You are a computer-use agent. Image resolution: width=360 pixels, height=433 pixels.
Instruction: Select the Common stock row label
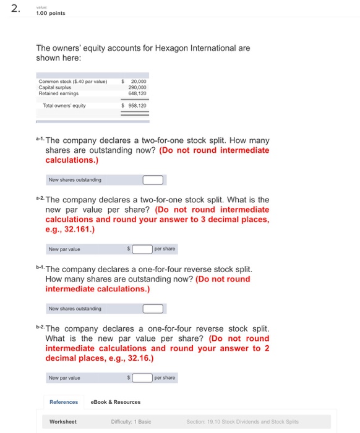73,81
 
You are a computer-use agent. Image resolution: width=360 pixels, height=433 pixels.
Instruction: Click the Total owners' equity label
65,106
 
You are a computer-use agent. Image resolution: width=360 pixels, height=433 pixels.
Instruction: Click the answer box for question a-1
153,180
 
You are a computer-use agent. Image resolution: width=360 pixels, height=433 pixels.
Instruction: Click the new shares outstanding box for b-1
153,309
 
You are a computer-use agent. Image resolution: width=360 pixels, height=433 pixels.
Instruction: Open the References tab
64,402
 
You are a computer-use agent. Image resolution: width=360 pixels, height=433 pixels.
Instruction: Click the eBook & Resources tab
116,402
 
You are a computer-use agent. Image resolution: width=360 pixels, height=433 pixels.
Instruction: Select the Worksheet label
63,422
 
